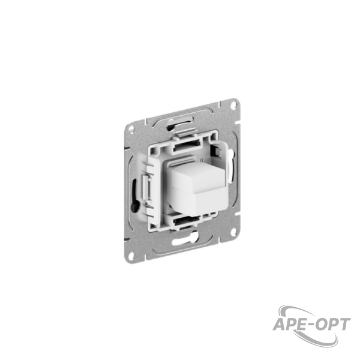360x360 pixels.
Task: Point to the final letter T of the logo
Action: pos(343,325)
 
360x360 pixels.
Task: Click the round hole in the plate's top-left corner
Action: pos(131,128)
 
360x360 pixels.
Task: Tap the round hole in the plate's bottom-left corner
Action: pos(131,255)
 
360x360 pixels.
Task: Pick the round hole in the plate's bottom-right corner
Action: pos(233,230)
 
